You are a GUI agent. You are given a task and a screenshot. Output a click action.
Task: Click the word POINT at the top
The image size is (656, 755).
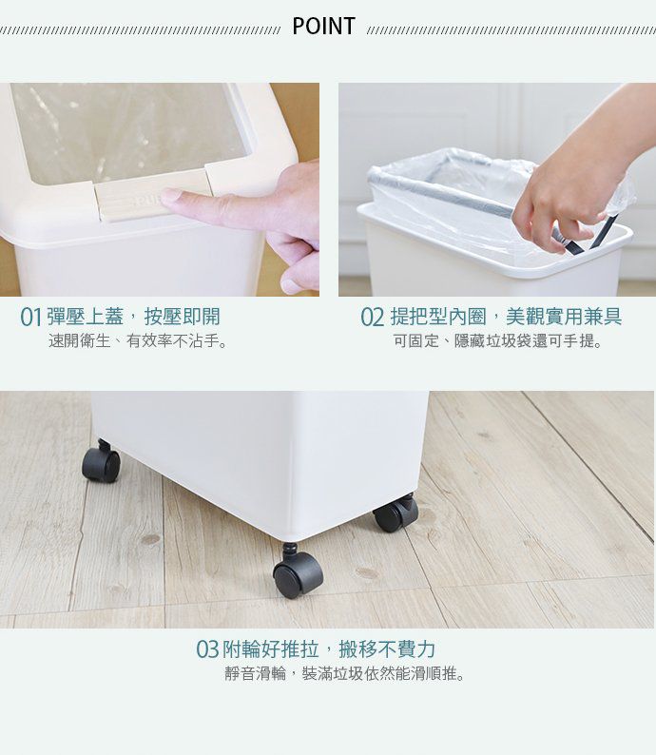coord(324,27)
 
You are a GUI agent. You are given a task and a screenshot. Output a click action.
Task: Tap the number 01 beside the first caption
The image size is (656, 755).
coord(31,318)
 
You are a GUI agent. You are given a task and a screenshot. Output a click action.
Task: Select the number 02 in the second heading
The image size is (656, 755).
coord(373,318)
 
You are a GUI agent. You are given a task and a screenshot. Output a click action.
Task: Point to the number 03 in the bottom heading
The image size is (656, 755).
coord(207,650)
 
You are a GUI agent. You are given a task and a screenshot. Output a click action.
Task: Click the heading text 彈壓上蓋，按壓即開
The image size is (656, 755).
coord(133,317)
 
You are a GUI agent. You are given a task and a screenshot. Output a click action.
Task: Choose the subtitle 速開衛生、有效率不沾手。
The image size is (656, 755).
coord(138,341)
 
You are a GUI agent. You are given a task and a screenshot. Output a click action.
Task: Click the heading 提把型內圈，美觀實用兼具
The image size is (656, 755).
coord(506,317)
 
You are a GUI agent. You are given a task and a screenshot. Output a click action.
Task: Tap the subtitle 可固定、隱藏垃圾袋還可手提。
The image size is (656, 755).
coord(497,341)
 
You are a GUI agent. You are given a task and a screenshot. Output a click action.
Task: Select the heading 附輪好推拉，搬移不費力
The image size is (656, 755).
coord(329,649)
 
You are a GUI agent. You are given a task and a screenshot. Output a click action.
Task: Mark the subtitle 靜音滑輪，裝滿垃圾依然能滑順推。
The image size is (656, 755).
coord(345,673)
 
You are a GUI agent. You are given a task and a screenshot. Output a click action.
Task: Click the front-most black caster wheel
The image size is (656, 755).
coord(298,571)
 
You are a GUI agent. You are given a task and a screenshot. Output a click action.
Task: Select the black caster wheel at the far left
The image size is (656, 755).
coord(102,463)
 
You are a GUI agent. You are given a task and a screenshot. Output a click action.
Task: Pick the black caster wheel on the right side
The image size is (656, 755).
coord(396,513)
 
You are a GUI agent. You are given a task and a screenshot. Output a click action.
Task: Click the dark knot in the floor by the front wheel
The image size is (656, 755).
coord(367,573)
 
